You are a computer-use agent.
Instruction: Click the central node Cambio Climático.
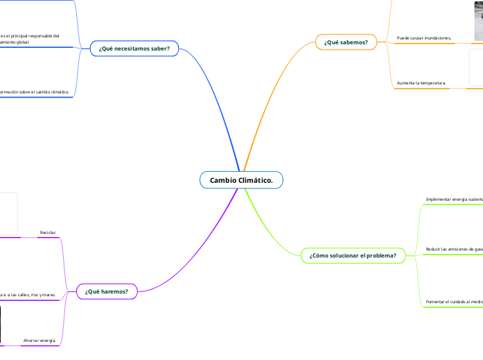(241, 180)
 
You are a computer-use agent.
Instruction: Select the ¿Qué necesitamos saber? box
(134, 48)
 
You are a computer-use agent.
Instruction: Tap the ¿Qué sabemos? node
(346, 42)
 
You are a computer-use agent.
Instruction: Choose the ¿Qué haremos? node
(106, 291)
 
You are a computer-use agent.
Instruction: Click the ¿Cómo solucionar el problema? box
(353, 255)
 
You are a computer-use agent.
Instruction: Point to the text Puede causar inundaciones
(424, 37)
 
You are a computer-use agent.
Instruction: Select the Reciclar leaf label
(48, 232)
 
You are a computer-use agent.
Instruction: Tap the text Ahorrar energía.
(39, 340)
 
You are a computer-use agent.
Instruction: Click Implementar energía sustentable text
(454, 199)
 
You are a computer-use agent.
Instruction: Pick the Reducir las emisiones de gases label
(454, 249)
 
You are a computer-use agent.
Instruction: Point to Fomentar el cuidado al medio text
(454, 302)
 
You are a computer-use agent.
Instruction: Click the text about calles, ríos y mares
(28, 294)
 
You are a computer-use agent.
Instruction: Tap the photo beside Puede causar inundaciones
(478, 21)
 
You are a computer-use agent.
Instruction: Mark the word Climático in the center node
(256, 180)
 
